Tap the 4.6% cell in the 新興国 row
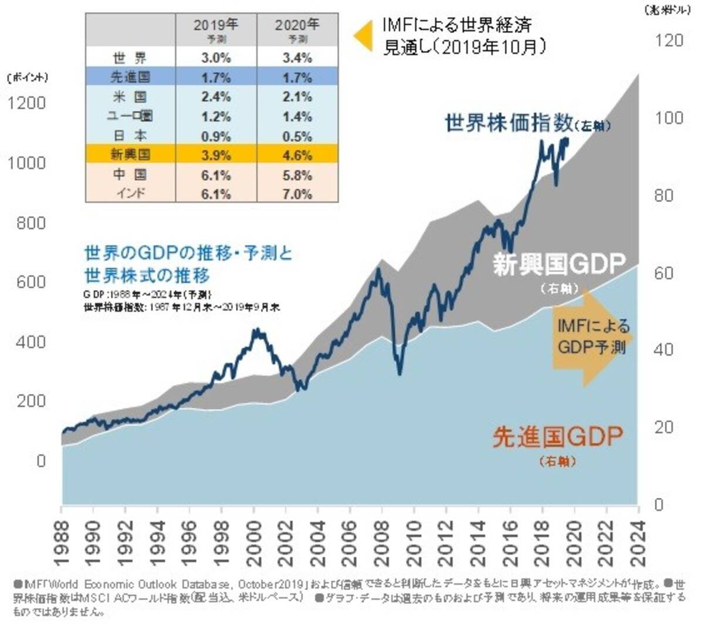[297, 156]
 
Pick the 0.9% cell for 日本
[216, 136]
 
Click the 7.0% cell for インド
[297, 194]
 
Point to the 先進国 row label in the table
[130, 78]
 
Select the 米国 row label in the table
[130, 97]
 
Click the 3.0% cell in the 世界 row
[216, 58]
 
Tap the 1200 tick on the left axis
[26, 103]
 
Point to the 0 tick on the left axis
[40, 461]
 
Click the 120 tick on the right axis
[669, 41]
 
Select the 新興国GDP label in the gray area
[559, 264]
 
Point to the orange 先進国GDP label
[557, 437]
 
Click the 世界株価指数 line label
[509, 123]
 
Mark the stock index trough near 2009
[400, 373]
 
